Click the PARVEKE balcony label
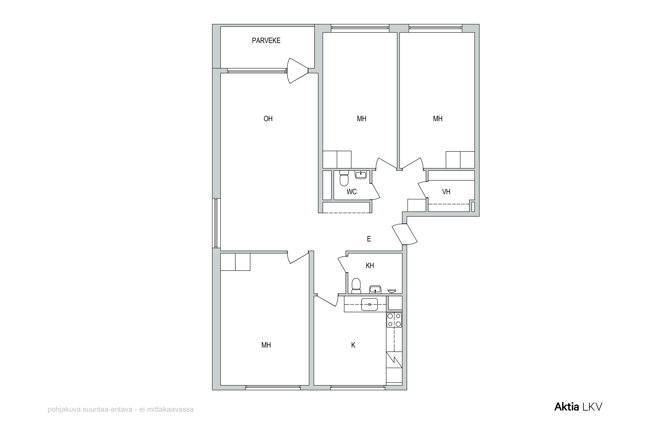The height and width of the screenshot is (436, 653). click(x=266, y=41)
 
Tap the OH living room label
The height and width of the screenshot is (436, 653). click(x=268, y=119)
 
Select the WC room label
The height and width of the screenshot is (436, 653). click(x=351, y=192)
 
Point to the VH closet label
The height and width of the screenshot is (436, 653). click(x=446, y=192)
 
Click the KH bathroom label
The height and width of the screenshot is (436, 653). click(x=370, y=266)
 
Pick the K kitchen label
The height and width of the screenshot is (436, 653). click(x=353, y=345)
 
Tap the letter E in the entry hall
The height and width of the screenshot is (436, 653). click(x=369, y=239)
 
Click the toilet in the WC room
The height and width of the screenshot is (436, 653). click(x=344, y=178)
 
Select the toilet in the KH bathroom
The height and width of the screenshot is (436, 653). click(x=356, y=286)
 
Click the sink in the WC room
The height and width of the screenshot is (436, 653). click(x=361, y=175)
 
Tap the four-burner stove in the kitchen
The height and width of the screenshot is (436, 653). click(x=394, y=320)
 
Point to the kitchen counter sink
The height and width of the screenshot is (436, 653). click(x=369, y=304)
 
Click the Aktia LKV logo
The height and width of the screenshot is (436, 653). click(x=578, y=407)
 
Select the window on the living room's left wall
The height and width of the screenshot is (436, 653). click(x=216, y=223)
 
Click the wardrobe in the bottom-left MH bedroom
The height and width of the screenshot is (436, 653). click(x=235, y=262)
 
